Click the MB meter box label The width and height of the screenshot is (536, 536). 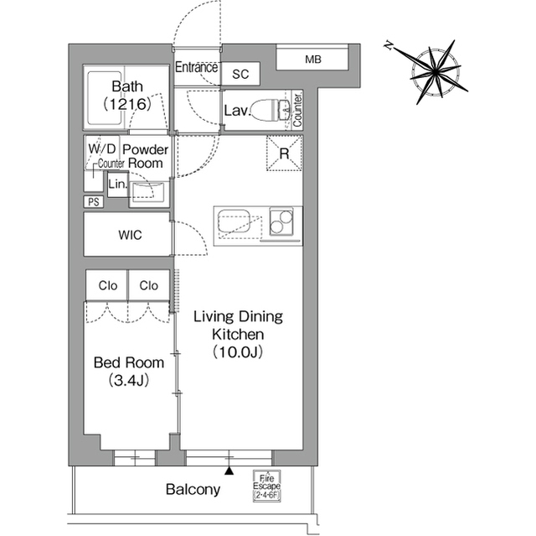313,60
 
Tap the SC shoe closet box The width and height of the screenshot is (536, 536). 240,74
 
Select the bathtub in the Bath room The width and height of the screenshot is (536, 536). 105,98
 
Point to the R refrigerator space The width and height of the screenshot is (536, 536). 285,153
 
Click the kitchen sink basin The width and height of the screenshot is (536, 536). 234,223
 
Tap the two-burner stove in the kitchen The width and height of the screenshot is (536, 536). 281,221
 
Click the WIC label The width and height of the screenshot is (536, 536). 130,235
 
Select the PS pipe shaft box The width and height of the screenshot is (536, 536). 94,202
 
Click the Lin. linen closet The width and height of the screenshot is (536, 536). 118,185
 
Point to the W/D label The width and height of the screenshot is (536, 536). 102,149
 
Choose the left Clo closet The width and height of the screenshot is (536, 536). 107,285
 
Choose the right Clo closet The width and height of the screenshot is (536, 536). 149,285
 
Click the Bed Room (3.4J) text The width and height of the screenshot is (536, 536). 129,372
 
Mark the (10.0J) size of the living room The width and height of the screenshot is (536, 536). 238,351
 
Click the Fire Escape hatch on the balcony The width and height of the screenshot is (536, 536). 266,486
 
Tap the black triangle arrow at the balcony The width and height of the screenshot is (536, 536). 229,471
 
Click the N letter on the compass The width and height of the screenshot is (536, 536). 389,45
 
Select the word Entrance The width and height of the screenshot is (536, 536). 197,67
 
